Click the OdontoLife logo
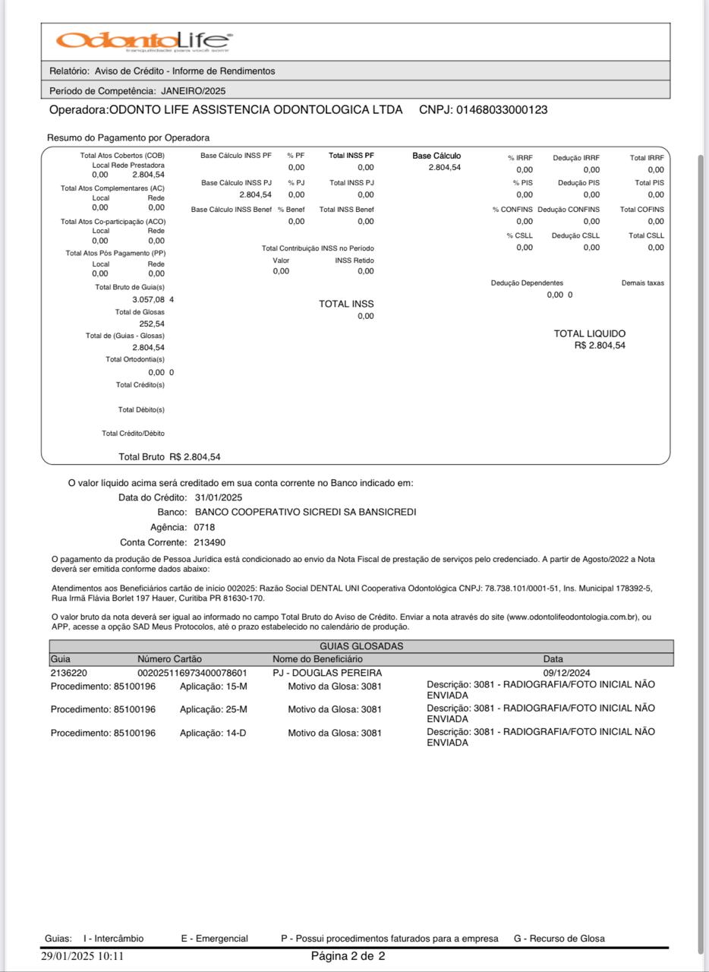143,41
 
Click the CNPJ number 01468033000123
501,110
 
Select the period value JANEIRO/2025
194,91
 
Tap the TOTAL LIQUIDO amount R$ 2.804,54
600,346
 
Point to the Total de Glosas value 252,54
152,323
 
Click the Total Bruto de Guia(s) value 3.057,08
148,299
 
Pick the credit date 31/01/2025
219,497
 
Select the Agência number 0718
204,527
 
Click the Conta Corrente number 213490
210,542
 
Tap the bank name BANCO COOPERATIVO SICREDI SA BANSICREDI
305,512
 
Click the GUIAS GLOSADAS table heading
361,646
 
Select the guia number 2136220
68,673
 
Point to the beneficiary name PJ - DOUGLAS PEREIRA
327,673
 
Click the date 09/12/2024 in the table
566,673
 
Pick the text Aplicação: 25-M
213,709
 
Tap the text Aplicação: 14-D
213,733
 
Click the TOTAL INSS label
346,304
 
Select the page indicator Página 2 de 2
348,956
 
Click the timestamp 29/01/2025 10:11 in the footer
82,956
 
